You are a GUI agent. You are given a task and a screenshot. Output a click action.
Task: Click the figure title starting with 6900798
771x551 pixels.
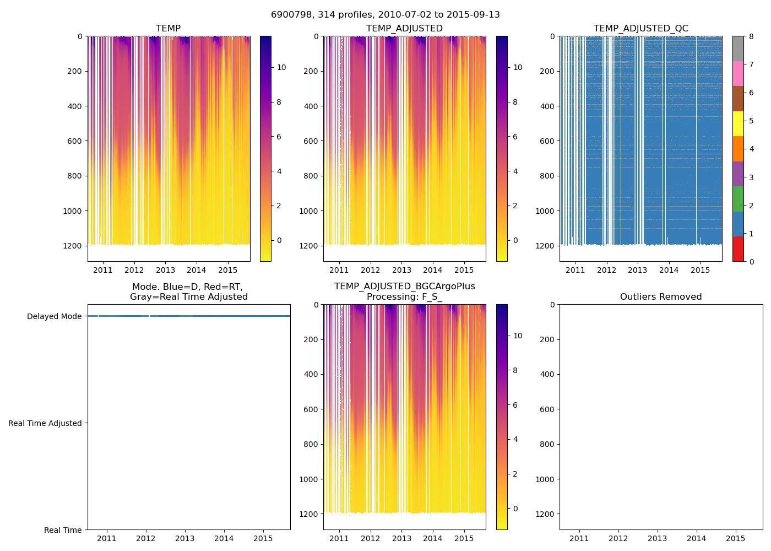(385, 15)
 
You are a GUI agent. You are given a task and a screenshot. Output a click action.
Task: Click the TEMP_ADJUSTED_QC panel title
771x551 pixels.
(640, 29)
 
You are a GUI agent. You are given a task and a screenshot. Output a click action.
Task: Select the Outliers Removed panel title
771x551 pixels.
(661, 297)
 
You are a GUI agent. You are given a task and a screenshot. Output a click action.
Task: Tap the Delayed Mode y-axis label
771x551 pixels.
(54, 316)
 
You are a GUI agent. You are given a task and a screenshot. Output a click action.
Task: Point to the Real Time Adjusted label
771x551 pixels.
(45, 423)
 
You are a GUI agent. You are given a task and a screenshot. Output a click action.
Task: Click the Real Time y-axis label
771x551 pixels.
(63, 530)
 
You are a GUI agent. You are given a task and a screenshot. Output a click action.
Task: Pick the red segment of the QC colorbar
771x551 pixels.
(738, 249)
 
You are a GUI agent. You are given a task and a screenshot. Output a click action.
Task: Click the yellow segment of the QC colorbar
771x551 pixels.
(738, 124)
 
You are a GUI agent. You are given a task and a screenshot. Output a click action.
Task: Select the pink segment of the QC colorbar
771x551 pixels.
(738, 74)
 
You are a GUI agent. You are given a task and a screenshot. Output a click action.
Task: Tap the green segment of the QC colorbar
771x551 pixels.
(738, 199)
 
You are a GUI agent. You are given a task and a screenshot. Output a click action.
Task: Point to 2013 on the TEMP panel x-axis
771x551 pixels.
(165, 270)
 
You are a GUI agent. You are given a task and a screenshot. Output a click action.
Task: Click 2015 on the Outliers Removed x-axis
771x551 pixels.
(736, 538)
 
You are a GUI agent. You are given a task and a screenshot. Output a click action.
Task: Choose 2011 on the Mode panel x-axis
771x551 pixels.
(107, 538)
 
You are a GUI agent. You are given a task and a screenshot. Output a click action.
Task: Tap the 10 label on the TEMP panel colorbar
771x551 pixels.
(281, 67)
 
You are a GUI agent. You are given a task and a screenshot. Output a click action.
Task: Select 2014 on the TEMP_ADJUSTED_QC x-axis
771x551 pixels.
(669, 270)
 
